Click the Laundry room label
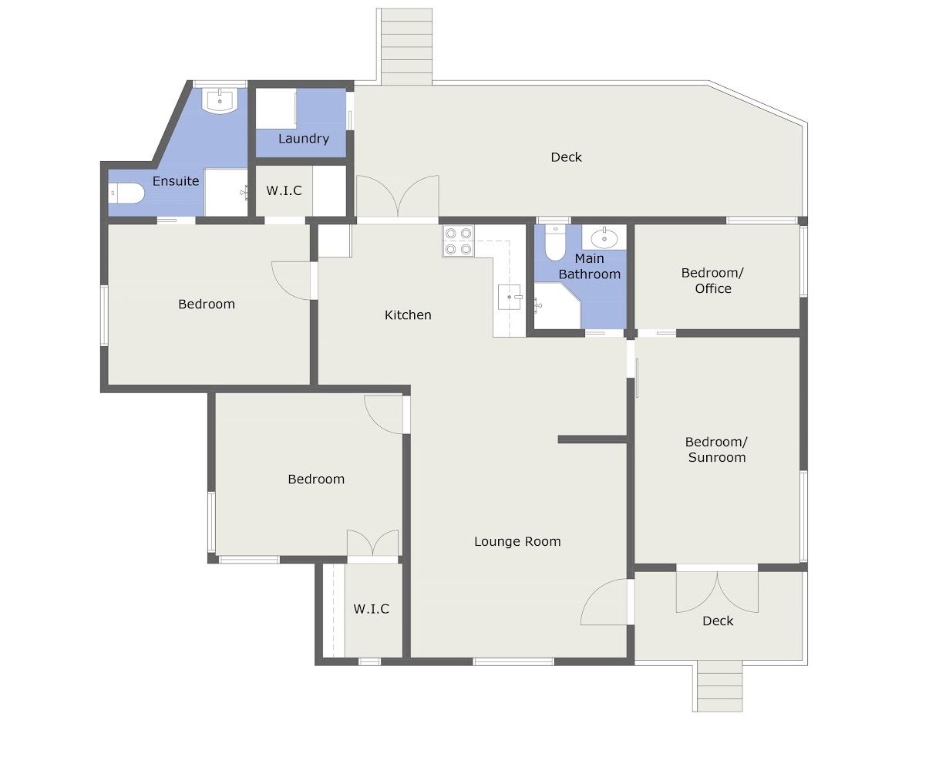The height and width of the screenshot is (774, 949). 303,139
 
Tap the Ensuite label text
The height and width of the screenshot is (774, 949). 176,181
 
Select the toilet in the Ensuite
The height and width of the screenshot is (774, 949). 126,193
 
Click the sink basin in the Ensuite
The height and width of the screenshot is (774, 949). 220,101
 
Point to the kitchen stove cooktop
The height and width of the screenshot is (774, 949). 458,241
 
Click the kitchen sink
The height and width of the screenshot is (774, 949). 510,297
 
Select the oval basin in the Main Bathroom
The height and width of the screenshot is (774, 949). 604,238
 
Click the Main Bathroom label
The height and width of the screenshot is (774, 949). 590,267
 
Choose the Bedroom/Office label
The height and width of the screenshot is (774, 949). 713,281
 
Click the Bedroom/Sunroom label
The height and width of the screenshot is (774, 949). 716,449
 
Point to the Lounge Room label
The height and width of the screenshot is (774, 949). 517,541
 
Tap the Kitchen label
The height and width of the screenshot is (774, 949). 408,315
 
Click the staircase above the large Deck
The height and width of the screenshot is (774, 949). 404,46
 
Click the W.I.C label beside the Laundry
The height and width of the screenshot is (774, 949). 284,190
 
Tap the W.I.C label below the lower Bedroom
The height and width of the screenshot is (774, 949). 372,609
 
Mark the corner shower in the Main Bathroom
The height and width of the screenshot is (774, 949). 557,305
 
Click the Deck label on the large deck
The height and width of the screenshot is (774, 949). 566,157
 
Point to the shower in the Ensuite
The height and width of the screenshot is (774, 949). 226,192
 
